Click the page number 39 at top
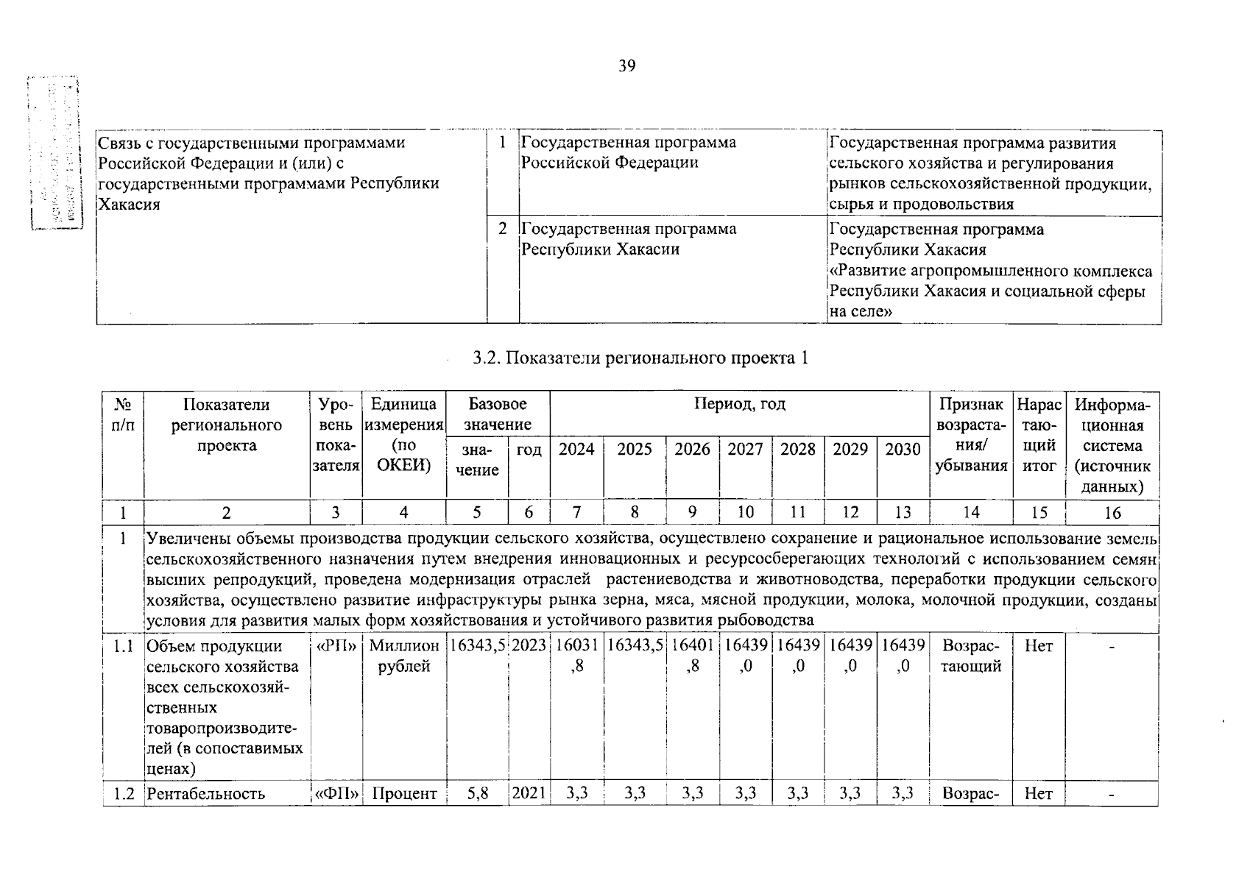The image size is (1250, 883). tap(626, 66)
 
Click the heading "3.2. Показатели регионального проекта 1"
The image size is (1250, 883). tap(640, 358)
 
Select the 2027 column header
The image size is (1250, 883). tap(745, 449)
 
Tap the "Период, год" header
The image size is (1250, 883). tap(739, 404)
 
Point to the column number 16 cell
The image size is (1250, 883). tap(1112, 513)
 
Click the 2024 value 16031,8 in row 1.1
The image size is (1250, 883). tap(576, 656)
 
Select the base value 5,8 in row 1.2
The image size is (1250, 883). tap(477, 794)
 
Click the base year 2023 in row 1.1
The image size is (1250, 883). tap(529, 646)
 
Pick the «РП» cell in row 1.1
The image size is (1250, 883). tap(336, 646)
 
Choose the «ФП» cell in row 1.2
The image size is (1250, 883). tap(336, 794)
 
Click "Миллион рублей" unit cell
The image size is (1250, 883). tap(403, 656)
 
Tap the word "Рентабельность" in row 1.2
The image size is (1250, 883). tap(205, 794)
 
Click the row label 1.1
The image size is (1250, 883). tap(123, 646)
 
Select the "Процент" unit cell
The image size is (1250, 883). tap(403, 794)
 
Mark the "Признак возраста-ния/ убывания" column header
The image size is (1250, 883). tap(971, 435)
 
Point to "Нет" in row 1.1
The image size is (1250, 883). tap(1039, 646)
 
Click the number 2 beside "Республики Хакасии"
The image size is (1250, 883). tap(502, 229)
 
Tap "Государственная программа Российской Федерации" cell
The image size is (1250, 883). tap(628, 152)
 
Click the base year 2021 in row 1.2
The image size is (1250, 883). tap(529, 794)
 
